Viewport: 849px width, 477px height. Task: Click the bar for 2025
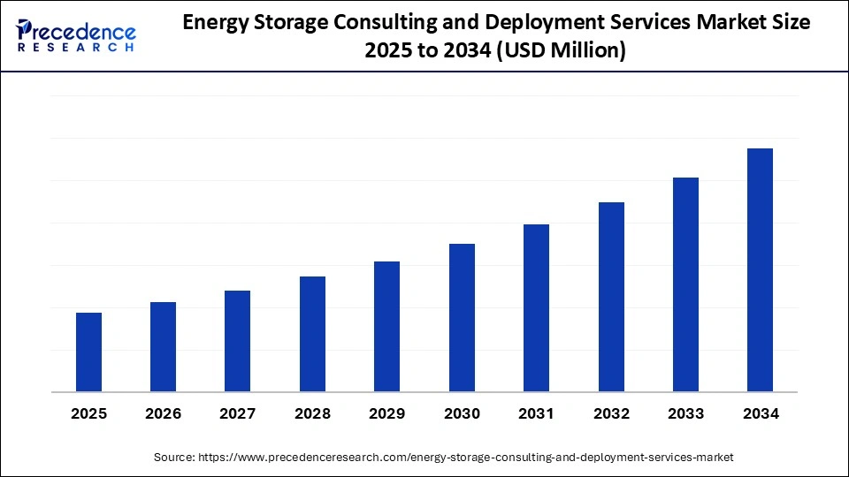click(88, 352)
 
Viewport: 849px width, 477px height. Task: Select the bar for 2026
click(163, 346)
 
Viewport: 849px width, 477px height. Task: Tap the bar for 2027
click(238, 341)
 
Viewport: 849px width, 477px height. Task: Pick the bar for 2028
click(312, 334)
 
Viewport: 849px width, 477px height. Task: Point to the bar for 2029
click(386, 326)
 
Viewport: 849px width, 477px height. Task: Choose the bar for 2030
click(462, 317)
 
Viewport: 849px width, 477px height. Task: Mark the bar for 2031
click(536, 307)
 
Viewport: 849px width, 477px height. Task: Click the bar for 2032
click(611, 297)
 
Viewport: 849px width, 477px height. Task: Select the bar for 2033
click(685, 284)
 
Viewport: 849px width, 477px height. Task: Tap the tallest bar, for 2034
click(760, 269)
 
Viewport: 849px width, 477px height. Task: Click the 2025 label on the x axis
click(88, 413)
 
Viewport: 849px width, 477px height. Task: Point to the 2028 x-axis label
click(312, 413)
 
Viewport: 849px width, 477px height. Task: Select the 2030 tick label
click(462, 413)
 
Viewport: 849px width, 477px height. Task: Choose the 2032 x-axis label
click(611, 413)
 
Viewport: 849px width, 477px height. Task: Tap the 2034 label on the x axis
click(760, 413)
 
